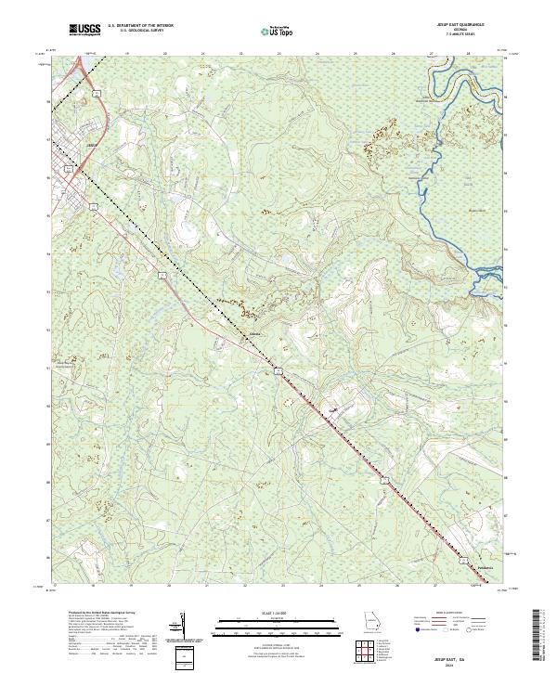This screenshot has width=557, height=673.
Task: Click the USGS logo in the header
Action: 85,31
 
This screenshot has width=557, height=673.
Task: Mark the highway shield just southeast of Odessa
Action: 277,370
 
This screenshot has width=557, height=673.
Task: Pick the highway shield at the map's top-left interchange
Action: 97,93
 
